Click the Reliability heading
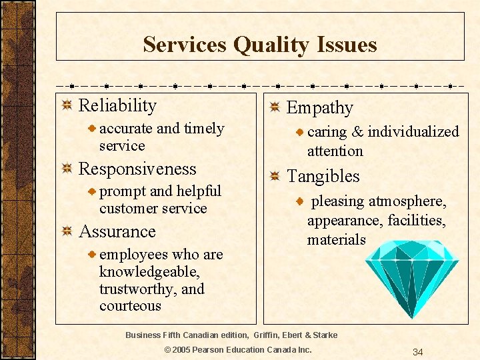click(117, 105)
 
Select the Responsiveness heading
click(137, 169)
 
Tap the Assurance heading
click(117, 231)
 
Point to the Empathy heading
click(319, 107)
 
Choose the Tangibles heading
click(323, 176)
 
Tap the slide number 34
click(418, 352)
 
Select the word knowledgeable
click(148, 271)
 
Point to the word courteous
click(130, 306)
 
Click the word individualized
click(413, 132)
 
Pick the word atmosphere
click(407, 201)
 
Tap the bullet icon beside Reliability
click(67, 106)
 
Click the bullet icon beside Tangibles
click(275, 177)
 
